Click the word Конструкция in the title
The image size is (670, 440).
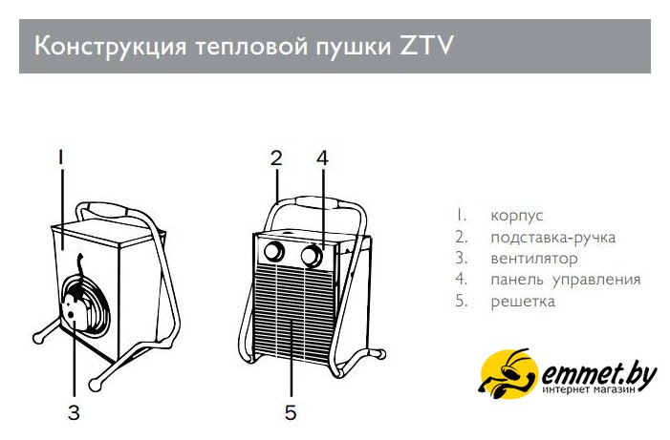pos(110,46)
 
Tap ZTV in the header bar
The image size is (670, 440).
pos(426,45)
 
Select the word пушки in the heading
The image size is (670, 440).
pos(354,47)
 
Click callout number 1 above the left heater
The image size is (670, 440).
pos(61,157)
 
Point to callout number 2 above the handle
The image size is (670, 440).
pos(276,157)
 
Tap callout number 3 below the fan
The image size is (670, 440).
pos(74,412)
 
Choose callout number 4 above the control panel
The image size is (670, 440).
pos(323,157)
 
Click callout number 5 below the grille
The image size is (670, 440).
pos(291,412)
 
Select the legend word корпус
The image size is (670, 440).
pos(517,217)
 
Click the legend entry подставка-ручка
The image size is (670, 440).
pos(553,238)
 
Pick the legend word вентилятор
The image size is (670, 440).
pos(534,259)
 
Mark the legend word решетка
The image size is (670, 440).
pos(523,302)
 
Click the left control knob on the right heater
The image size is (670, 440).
pos(274,252)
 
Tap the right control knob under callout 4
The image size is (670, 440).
pos(312,256)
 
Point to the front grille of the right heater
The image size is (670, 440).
pos(294,311)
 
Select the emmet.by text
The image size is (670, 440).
pos(598,375)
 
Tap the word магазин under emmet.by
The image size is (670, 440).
pos(616,389)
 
